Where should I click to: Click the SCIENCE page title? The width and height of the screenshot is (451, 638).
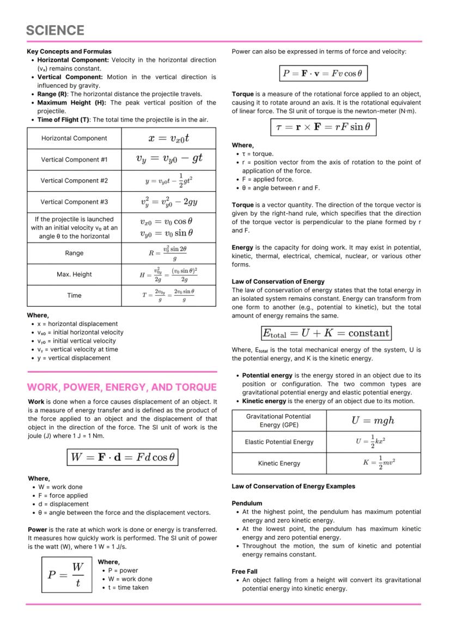(55, 30)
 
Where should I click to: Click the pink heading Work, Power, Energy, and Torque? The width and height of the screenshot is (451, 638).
(121, 387)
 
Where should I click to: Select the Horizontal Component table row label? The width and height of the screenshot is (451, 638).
(74, 138)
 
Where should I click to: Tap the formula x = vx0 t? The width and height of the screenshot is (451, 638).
(168, 138)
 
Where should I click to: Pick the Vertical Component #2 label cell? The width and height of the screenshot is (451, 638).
(74, 180)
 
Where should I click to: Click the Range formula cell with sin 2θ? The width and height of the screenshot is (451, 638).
(168, 253)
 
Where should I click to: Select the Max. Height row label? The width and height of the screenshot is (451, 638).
(74, 274)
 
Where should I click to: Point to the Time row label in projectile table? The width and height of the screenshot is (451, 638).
(74, 295)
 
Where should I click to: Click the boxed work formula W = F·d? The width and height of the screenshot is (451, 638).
(122, 457)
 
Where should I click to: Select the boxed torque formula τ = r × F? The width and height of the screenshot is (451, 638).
(323, 127)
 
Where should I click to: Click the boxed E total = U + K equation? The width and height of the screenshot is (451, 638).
(326, 333)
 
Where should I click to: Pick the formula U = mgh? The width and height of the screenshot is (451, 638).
(373, 420)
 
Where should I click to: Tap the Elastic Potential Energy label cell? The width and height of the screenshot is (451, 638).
(279, 442)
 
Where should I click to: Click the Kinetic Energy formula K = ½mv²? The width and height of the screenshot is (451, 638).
(373, 463)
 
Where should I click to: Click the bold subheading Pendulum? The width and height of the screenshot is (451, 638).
(247, 503)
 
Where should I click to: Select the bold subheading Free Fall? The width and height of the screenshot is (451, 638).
(245, 572)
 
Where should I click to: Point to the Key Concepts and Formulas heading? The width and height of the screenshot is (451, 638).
(69, 51)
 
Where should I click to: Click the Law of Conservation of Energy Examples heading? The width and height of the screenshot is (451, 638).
(293, 487)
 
